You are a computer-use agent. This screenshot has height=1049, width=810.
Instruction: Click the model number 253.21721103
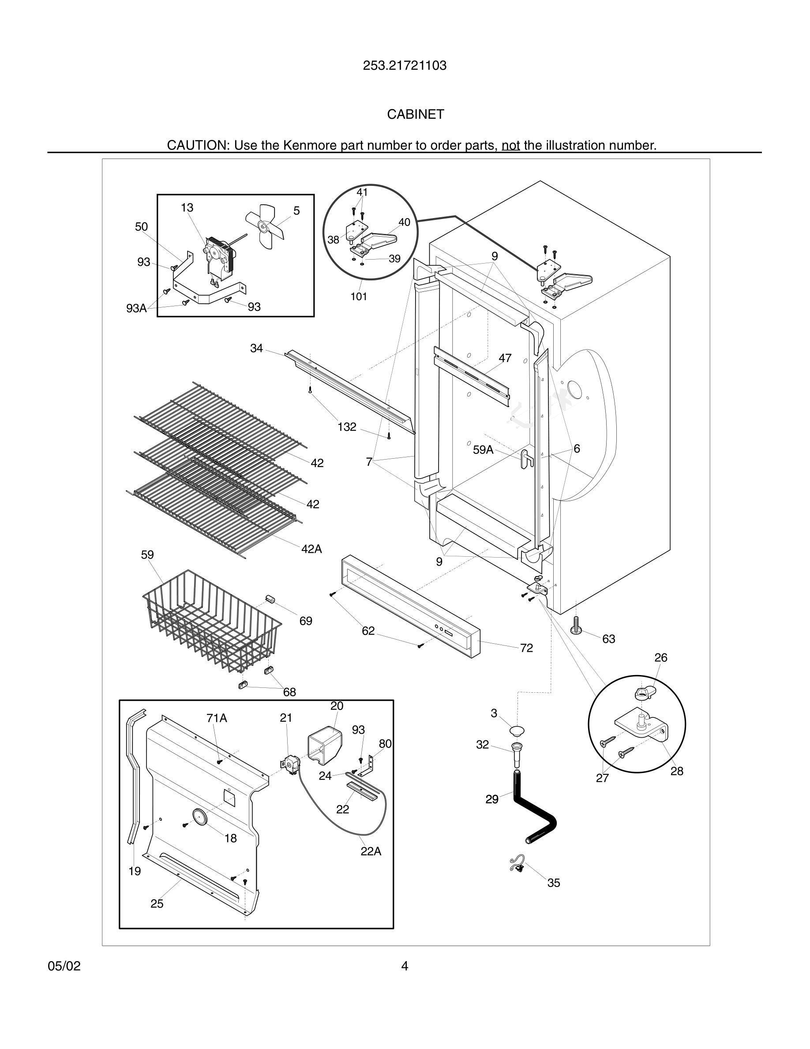tap(405, 66)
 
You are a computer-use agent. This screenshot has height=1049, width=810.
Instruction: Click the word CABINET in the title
tap(416, 114)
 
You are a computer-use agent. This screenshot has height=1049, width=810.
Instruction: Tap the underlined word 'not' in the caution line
tap(510, 145)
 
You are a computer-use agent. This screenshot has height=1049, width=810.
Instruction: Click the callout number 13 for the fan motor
tap(187, 208)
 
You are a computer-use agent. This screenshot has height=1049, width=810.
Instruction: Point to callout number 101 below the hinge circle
tap(358, 297)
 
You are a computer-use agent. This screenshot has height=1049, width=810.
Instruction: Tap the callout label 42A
tap(311, 548)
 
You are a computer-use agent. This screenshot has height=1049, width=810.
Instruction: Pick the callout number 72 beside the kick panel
tap(526, 648)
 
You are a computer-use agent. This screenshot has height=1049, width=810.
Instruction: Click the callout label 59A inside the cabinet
tap(483, 449)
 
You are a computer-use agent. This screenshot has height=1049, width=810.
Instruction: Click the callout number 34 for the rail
tap(256, 348)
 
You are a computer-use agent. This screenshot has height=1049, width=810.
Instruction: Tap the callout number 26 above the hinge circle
tap(660, 657)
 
